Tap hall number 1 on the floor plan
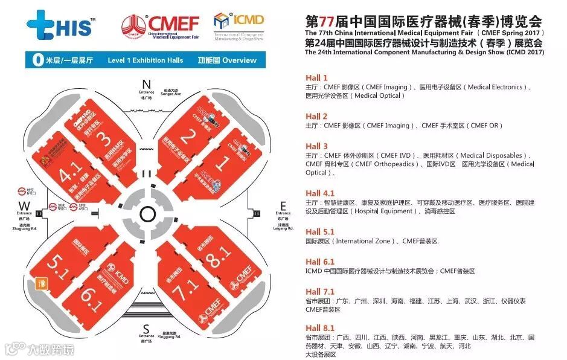point(222,164)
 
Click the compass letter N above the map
point(146,83)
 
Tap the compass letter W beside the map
point(24,205)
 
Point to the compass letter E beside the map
point(283,205)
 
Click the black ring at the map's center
point(146,213)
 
